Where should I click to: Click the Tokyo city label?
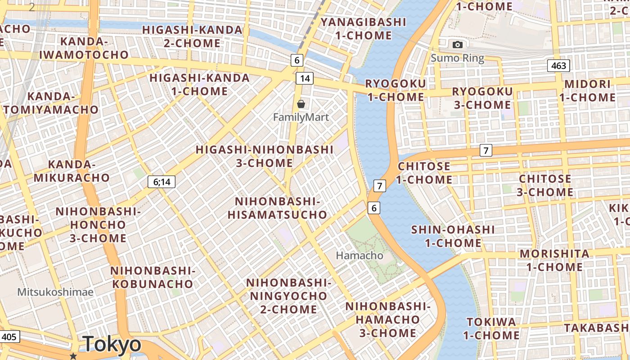coord(112,344)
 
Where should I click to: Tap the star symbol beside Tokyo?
coord(73,356)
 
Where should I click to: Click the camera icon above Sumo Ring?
coord(458,45)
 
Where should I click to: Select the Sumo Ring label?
coord(457,58)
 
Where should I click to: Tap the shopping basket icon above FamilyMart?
coord(301,104)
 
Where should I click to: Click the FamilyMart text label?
coord(301,117)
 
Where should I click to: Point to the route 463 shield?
coord(559,66)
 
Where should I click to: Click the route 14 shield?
coord(305,78)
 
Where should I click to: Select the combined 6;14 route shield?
coord(162,182)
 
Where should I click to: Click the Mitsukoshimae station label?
coord(55,292)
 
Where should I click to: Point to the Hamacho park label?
coord(360,256)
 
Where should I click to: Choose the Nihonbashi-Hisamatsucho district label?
coord(277,208)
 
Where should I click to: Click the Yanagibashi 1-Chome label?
coord(363,28)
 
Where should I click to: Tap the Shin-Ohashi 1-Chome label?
coord(453,236)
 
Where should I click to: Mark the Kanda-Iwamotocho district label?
coord(84,48)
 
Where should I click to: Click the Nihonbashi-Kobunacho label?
coord(153,277)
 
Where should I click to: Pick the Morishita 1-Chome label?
coord(554,260)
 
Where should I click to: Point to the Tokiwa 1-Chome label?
coord(491,328)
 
